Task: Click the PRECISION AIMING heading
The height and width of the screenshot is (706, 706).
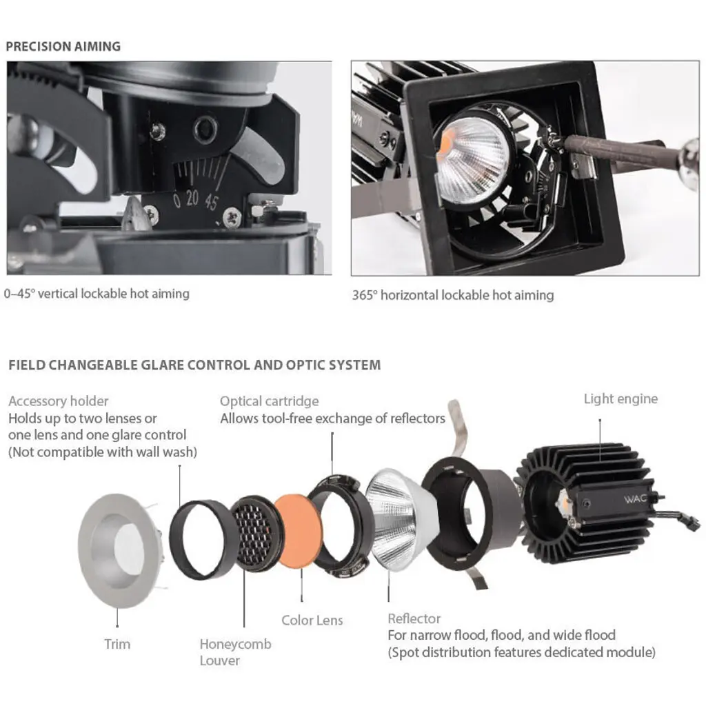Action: point(63,46)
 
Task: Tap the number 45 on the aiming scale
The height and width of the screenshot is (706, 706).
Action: point(212,201)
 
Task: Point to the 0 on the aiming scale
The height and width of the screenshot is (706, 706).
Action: point(177,201)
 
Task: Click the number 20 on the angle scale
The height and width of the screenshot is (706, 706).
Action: point(192,198)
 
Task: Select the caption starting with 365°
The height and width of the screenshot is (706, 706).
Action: point(453,295)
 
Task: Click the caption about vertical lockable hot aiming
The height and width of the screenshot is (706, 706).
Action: point(97,294)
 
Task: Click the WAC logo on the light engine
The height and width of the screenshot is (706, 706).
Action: point(635,499)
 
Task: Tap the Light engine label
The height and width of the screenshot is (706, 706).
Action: point(621,399)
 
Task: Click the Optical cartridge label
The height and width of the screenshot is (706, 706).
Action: point(270,401)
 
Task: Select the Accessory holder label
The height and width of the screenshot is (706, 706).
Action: point(59,401)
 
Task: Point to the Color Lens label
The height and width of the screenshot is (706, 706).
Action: point(312,621)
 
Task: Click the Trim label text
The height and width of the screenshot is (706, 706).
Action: point(117,645)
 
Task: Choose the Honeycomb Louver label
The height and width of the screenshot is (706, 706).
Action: point(235,652)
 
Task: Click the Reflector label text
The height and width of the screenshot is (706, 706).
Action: point(414,618)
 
